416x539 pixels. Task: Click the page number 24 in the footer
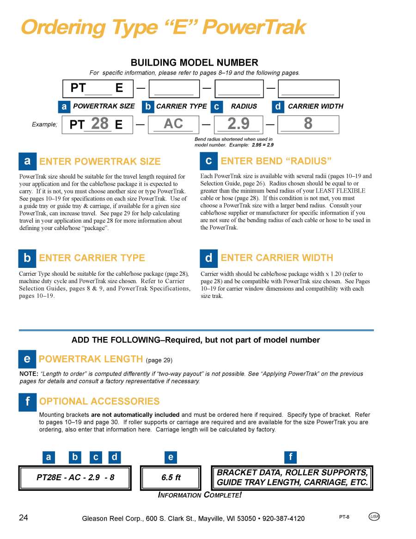(x=24, y=517)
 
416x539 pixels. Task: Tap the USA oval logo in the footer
(x=374, y=517)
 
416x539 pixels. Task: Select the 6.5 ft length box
(x=171, y=478)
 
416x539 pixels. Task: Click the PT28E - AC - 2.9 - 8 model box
(x=75, y=478)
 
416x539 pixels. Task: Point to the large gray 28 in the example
(x=100, y=124)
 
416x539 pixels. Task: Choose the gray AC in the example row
(x=173, y=124)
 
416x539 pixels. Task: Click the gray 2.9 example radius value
(x=239, y=124)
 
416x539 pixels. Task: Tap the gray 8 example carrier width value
(x=308, y=124)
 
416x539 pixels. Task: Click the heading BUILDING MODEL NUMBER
(x=195, y=62)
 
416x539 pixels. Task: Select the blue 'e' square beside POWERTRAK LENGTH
(x=27, y=359)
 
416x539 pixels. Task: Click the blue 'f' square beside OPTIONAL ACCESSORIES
(x=27, y=402)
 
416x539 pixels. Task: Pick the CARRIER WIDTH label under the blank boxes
(x=316, y=106)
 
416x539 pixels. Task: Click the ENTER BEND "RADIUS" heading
(x=276, y=161)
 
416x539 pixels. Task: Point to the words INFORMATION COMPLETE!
(x=200, y=495)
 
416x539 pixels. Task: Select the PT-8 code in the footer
(x=344, y=517)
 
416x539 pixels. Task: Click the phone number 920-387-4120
(x=283, y=518)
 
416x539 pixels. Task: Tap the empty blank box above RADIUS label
(x=239, y=89)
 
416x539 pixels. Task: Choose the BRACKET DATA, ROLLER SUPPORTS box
(x=292, y=478)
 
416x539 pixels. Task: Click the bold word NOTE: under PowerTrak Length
(x=29, y=374)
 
